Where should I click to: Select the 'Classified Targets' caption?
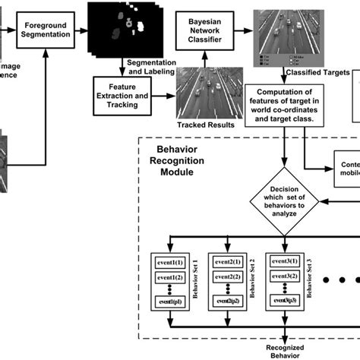(x=314, y=73)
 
